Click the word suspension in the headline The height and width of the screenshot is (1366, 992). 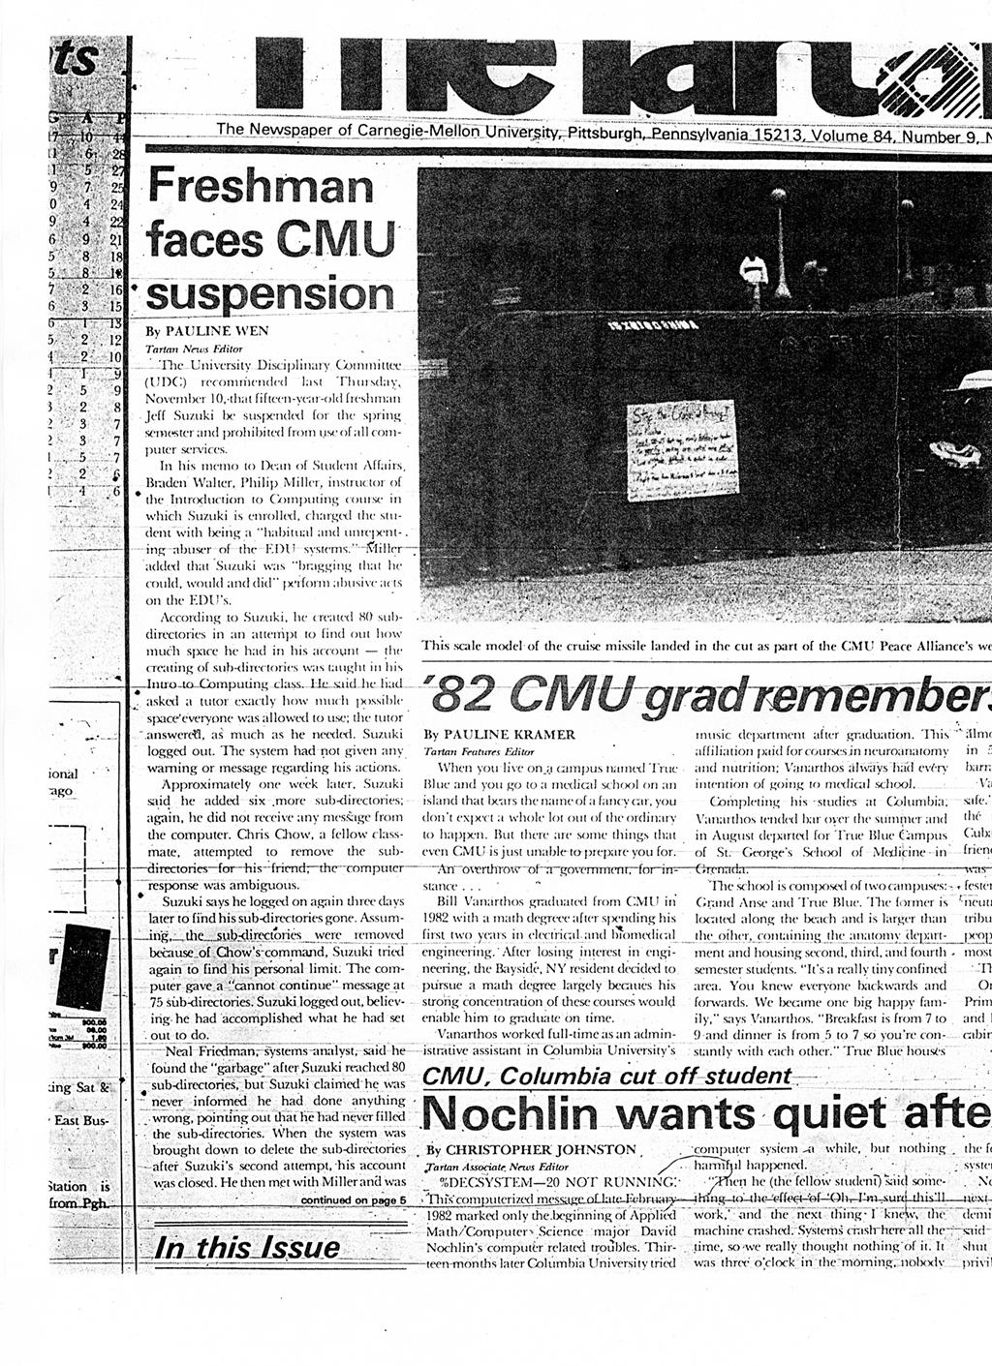coord(272,291)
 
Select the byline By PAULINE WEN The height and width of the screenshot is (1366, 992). coord(207,330)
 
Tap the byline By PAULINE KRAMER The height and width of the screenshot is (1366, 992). coord(500,735)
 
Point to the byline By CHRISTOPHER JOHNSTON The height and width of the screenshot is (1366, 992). coord(531,1149)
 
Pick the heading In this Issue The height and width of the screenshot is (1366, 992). coord(248,1247)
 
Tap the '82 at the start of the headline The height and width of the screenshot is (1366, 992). coord(459,693)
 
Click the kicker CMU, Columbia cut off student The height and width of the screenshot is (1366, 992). coord(607,1076)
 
